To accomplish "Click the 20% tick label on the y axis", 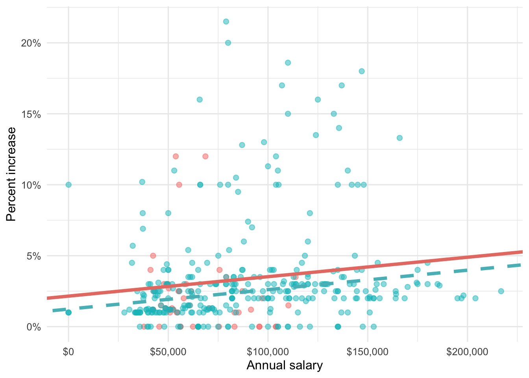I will [31, 43].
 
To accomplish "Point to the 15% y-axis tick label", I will [31, 114].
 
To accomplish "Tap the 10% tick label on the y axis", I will [31, 185].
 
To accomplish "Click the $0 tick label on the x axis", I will [68, 352].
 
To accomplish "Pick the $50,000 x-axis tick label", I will [168, 352].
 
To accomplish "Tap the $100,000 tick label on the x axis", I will [268, 352].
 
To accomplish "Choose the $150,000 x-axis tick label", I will [368, 352].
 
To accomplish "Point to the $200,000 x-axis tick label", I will [467, 352].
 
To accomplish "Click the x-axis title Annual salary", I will [285, 365].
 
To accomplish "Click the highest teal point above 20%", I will [226, 22].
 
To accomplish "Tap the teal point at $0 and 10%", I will [68, 185].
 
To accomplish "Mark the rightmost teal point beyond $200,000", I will [501, 291].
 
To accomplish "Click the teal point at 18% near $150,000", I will [362, 71].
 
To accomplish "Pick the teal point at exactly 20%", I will [228, 43].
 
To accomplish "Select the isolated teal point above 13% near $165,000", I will [400, 138].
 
